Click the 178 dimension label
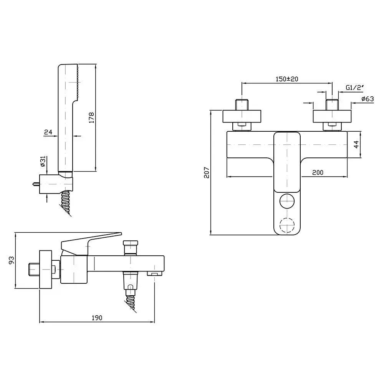click(91, 118)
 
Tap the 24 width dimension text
click(48, 132)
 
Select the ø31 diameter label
click(43, 161)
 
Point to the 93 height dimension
click(11, 260)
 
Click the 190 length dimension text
click(97, 318)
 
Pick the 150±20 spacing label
click(287, 79)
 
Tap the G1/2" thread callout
click(354, 88)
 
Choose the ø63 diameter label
click(367, 99)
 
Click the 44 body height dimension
click(356, 144)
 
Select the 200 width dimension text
click(318, 173)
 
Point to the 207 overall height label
click(207, 172)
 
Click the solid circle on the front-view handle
click(287, 201)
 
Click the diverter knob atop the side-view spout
click(131, 247)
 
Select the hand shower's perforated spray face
click(78, 82)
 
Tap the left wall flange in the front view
click(242, 116)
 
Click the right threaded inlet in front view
click(332, 105)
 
